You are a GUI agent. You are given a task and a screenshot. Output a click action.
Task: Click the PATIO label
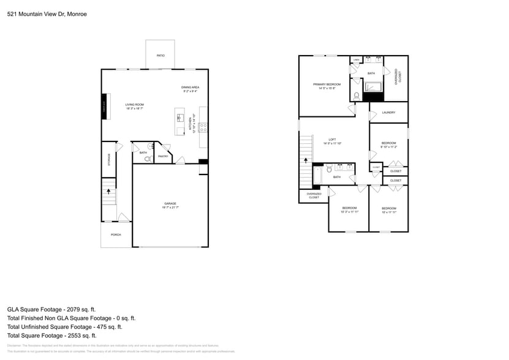160,56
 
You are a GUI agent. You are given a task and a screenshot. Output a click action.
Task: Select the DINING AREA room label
190,88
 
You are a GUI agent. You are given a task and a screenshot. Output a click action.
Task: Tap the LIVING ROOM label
134,105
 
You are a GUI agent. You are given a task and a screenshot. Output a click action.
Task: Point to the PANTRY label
163,156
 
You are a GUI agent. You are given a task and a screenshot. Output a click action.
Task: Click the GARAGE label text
170,203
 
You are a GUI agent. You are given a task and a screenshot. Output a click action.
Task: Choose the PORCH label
116,234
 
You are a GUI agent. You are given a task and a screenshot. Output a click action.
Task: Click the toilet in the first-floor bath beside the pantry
147,159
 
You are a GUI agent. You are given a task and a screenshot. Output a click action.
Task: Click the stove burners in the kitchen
203,127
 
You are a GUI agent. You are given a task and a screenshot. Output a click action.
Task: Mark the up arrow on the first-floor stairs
109,192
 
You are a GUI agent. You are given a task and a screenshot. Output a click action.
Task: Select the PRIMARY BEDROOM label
326,84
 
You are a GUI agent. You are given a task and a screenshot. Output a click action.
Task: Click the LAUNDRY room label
388,113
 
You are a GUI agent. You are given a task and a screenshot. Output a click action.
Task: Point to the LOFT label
332,140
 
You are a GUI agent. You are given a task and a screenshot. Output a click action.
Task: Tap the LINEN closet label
356,60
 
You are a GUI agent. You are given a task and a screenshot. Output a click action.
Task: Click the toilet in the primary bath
356,96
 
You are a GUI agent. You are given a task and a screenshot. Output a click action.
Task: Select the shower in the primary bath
373,89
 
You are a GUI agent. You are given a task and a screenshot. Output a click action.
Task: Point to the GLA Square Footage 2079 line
51,310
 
